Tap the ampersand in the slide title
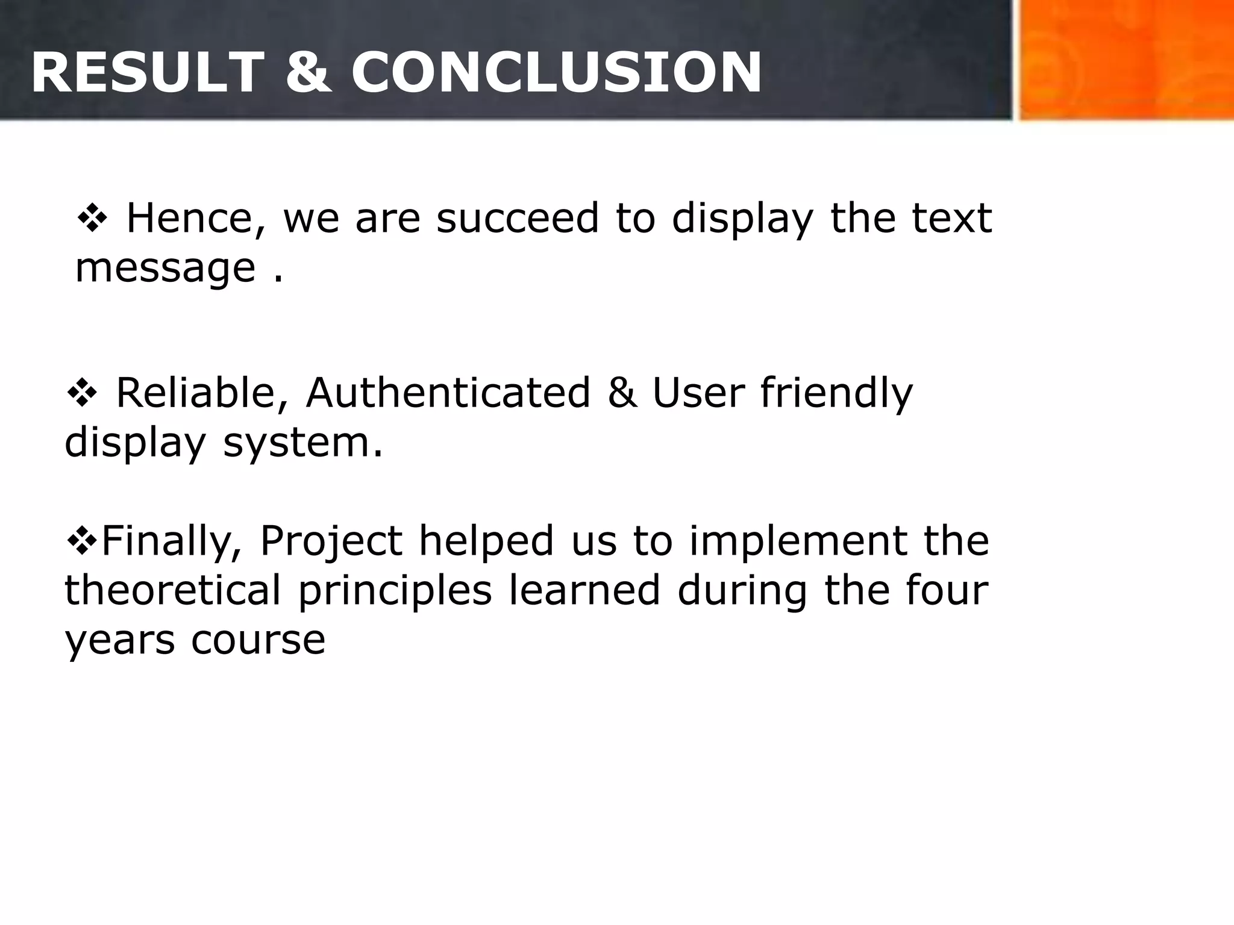308,73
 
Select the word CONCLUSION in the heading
556,73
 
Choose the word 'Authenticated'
448,393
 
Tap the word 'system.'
303,443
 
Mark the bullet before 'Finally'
81,540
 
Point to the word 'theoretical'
172,590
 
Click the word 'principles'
395,591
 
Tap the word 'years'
120,641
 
